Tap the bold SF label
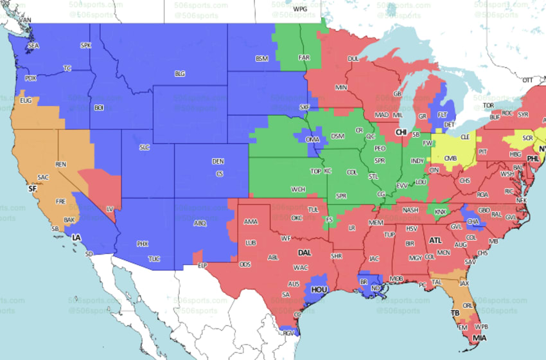click(32, 189)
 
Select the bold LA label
click(77, 238)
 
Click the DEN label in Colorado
click(218, 161)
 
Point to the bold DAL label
click(304, 253)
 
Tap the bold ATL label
click(436, 240)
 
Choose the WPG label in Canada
click(300, 9)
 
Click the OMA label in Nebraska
click(312, 139)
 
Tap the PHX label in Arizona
click(142, 244)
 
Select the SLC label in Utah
click(144, 147)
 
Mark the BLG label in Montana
click(180, 74)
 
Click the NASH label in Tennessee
click(410, 210)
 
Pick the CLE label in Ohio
click(465, 137)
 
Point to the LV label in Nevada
click(109, 209)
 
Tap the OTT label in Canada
click(527, 80)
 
